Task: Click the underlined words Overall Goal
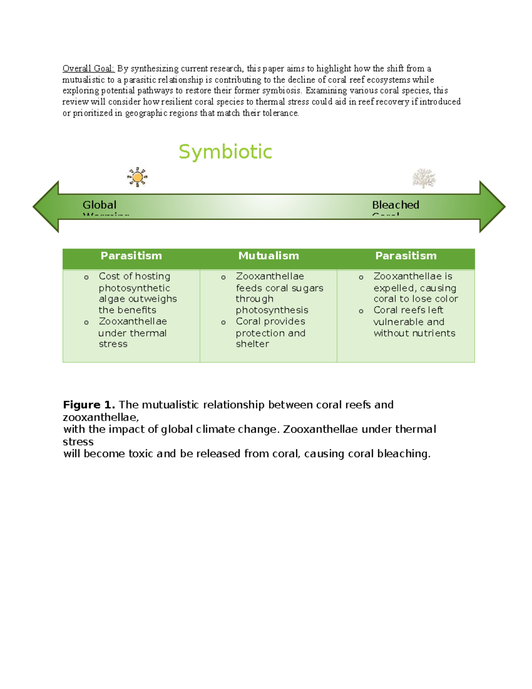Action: (x=88, y=68)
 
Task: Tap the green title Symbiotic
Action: (x=225, y=152)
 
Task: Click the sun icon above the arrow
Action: (x=137, y=177)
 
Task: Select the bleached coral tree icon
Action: (x=424, y=178)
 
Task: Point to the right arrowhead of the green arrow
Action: (x=492, y=207)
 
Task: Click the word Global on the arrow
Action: (x=99, y=205)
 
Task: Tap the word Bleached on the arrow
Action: (x=395, y=205)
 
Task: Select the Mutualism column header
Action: (x=269, y=256)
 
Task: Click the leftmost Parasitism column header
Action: (x=131, y=256)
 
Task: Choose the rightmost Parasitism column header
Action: (x=406, y=256)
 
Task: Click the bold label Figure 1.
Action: (x=89, y=405)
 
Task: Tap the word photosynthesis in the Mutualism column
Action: (x=272, y=310)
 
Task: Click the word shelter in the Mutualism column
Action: (x=252, y=344)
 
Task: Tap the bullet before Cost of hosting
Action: (x=86, y=277)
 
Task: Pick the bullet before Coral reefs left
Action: (x=361, y=311)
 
